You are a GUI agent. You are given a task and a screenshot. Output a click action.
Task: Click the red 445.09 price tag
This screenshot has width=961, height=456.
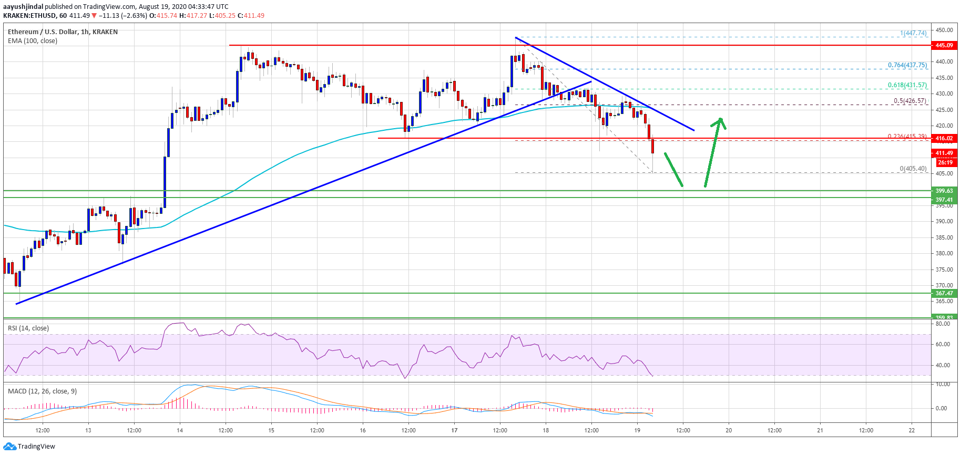point(944,45)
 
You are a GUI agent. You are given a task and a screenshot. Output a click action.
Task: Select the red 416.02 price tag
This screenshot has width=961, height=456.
point(944,138)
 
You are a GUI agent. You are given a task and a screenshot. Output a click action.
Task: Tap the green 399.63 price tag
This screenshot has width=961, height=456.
point(944,191)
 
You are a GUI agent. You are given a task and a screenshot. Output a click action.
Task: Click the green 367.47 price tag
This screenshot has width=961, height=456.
point(944,293)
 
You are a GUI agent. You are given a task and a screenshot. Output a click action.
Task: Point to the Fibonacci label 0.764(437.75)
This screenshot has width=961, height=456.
point(907,65)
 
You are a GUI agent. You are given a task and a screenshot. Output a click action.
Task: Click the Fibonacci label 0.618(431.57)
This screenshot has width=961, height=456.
point(907,85)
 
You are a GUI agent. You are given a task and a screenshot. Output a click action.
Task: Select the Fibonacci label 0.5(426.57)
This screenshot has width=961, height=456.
point(910,101)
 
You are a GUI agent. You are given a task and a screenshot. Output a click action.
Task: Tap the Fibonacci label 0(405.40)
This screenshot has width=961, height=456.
point(913,169)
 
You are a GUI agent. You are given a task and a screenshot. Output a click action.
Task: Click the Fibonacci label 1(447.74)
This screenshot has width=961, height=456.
point(913,33)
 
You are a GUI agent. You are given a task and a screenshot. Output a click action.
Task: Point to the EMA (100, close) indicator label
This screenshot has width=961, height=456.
point(33,41)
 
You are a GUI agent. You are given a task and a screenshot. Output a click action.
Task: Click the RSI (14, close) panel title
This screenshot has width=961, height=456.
point(28,328)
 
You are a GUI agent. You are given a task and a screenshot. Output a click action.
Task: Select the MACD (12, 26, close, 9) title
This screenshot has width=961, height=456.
point(42,391)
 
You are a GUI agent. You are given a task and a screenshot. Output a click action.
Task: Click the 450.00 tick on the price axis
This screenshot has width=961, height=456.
point(944,30)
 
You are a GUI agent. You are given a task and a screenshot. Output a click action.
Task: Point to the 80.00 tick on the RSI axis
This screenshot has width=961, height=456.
point(943,324)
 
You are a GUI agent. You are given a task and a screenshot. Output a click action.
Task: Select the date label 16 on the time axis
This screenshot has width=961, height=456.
point(363,430)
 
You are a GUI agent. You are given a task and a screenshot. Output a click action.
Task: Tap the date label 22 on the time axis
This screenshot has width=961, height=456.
point(912,430)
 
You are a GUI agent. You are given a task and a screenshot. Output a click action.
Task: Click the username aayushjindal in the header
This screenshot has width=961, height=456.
point(23,6)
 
